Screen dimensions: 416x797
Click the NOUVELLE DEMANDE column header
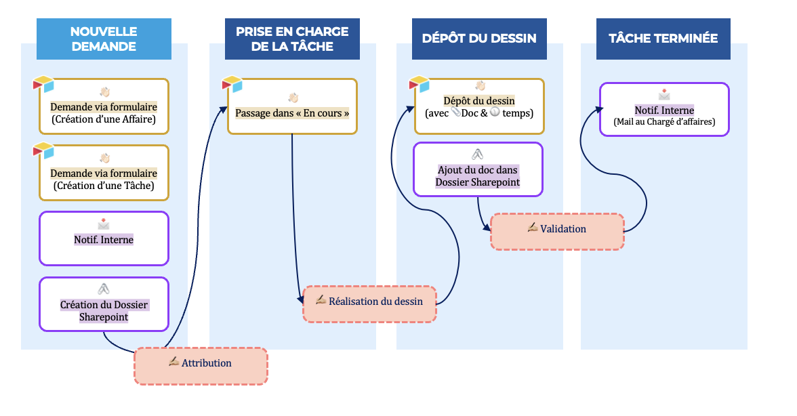(103, 39)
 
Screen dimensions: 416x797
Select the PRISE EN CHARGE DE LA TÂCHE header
(292, 39)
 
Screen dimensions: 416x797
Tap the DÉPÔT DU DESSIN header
(479, 39)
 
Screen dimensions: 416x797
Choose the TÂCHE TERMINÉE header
(663, 39)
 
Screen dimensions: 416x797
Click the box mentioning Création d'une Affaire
(104, 107)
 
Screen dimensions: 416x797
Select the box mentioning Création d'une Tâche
(104, 173)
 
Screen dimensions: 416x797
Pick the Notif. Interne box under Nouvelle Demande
(104, 238)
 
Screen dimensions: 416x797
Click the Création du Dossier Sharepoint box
(104, 304)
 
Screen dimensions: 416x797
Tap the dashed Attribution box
(201, 367)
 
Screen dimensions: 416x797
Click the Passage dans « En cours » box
(292, 107)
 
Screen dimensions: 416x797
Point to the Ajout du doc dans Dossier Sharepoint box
(478, 170)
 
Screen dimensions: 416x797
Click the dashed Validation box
(556, 232)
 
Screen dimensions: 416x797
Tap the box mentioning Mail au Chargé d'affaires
(664, 110)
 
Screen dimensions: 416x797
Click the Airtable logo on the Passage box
(232, 85)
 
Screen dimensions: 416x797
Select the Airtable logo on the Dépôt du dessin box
(419, 85)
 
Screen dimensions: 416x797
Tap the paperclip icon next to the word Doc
(455, 113)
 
